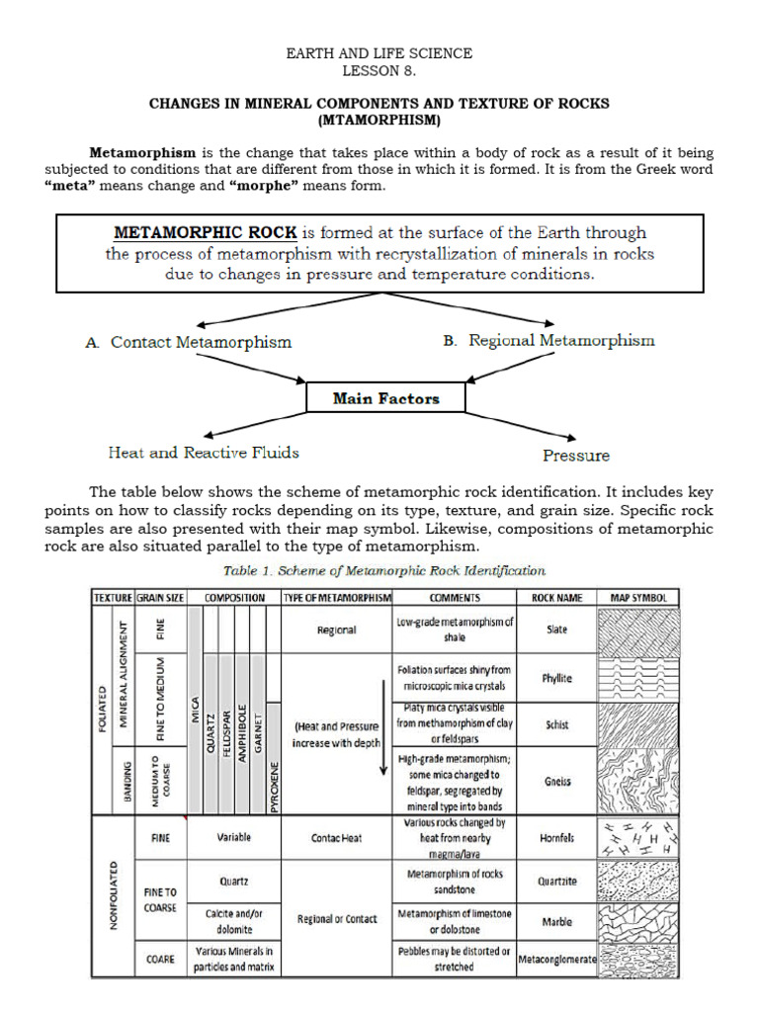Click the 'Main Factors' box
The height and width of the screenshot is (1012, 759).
click(x=385, y=399)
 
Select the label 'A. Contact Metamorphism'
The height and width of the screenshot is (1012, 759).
click(x=189, y=343)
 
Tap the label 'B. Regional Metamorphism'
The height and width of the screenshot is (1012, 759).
click(x=548, y=341)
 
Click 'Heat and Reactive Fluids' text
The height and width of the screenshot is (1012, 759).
click(x=204, y=453)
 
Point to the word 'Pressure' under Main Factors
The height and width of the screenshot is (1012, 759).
click(x=576, y=456)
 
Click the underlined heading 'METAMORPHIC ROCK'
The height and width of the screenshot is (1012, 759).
click(x=206, y=233)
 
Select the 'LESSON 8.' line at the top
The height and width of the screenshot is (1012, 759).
click(x=379, y=71)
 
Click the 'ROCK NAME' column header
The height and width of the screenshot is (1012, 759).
click(x=556, y=598)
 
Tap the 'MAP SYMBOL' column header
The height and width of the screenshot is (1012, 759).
click(x=639, y=598)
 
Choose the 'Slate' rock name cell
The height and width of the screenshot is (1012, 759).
click(x=556, y=630)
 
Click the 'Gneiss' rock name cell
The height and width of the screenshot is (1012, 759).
click(x=556, y=781)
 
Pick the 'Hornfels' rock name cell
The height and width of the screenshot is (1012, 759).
click(x=556, y=837)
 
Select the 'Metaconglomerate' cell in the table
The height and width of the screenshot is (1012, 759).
click(x=556, y=959)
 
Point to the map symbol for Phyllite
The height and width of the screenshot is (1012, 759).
click(x=639, y=678)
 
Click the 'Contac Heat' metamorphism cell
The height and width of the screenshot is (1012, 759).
click(x=336, y=837)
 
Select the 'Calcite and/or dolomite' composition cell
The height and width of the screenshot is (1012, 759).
click(x=235, y=921)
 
